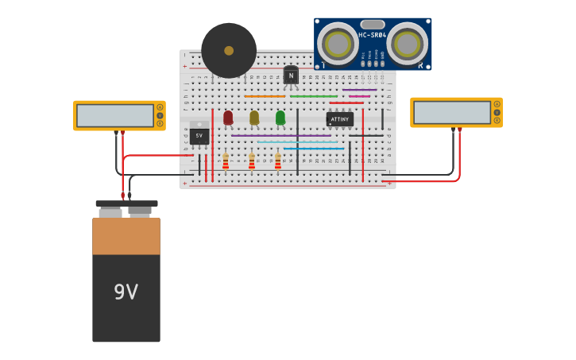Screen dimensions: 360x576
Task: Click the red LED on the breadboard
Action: (228, 118)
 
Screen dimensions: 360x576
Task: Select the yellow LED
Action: (254, 118)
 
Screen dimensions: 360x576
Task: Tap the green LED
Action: (280, 118)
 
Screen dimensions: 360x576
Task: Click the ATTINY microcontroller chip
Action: (339, 119)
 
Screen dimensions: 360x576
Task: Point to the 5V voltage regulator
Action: (199, 134)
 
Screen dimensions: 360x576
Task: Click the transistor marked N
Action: (291, 75)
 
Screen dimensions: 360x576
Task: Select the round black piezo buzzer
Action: (229, 50)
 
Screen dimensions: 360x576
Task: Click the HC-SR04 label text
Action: (372, 35)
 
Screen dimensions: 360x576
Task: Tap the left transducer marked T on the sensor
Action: (338, 43)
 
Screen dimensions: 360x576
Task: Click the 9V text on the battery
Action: (126, 292)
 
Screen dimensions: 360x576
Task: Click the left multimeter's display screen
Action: (114, 115)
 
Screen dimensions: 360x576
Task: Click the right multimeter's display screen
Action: (451, 112)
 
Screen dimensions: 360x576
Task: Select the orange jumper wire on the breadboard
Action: (265, 96)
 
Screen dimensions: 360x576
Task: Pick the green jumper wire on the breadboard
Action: (313, 96)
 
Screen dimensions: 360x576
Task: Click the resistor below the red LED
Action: (226, 162)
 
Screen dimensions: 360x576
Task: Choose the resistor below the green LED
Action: (278, 162)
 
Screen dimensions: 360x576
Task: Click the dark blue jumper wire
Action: (314, 149)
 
